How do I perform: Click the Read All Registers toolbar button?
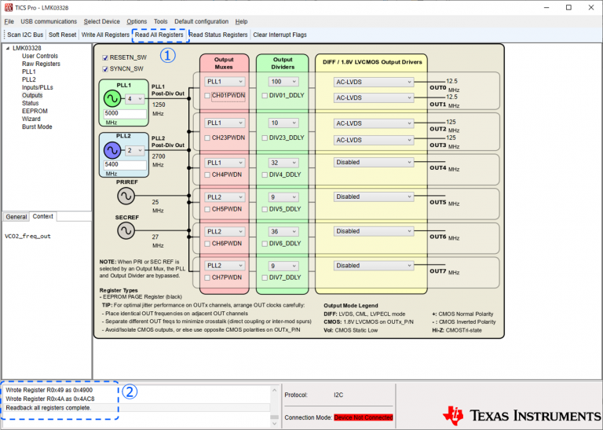[x=159, y=35]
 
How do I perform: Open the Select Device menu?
[x=102, y=21]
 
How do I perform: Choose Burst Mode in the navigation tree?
[x=37, y=127]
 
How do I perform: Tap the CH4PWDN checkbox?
[x=207, y=175]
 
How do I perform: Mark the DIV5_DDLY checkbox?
[x=264, y=209]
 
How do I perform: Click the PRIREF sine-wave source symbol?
[x=126, y=196]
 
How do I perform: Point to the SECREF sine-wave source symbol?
[x=126, y=230]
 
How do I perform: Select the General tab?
[x=16, y=216]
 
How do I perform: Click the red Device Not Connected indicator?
[x=363, y=417]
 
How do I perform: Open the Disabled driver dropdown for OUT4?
[x=374, y=162]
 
